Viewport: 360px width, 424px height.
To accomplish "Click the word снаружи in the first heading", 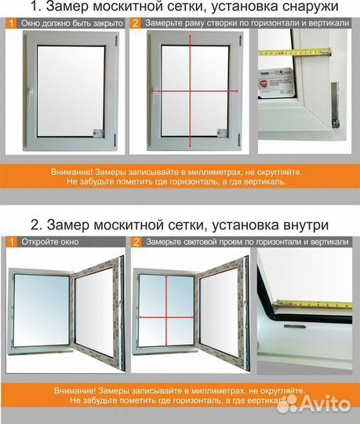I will tap(298, 9).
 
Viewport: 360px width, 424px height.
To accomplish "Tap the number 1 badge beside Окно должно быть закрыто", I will tap(12, 24).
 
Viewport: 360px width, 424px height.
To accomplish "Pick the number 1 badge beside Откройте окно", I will tap(12, 241).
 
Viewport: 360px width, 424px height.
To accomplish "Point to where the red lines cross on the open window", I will tap(166, 317).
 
